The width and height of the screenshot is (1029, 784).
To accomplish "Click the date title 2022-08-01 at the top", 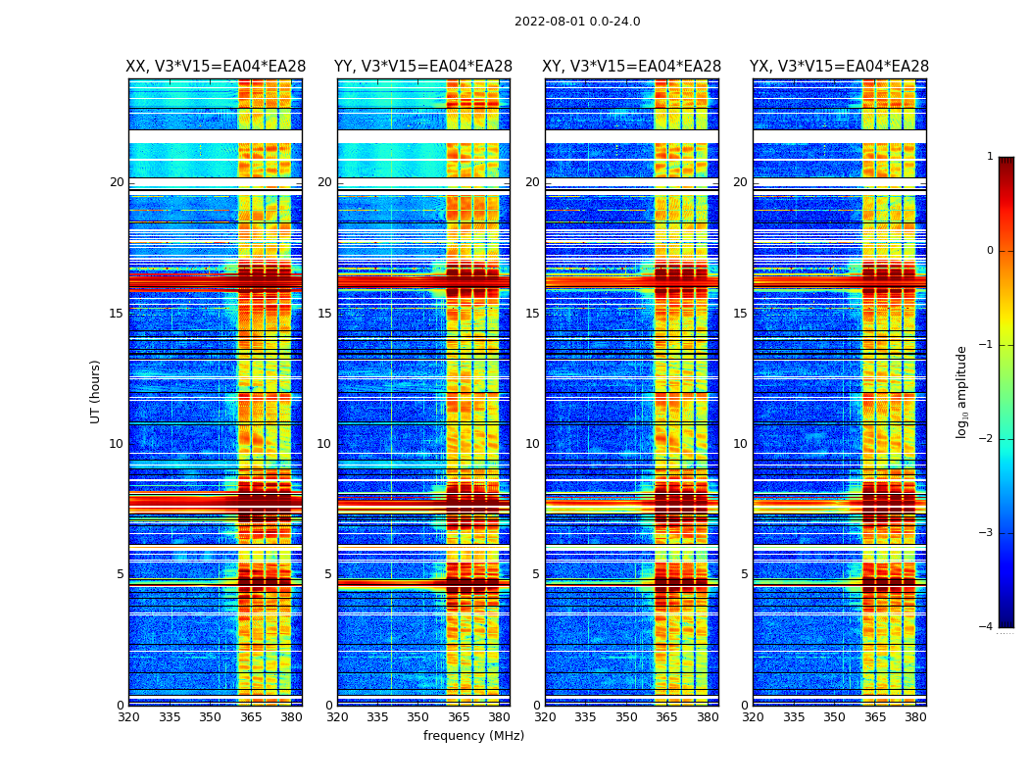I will point(577,22).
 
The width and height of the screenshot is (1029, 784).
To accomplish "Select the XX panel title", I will point(216,67).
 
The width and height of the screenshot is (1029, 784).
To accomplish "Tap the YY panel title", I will point(423,67).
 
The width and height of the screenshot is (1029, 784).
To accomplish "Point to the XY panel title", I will point(631,67).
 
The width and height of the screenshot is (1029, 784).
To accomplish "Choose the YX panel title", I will point(839,67).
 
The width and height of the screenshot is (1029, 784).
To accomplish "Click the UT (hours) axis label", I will point(96,391).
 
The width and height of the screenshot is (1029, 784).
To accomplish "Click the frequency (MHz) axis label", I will point(473,736).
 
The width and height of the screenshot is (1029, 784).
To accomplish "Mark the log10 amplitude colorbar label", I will point(962,391).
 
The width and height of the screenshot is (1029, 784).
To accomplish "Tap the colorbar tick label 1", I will point(990,157).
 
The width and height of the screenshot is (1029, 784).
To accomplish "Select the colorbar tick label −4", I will point(988,627).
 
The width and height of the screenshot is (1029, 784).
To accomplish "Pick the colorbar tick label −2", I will point(988,439).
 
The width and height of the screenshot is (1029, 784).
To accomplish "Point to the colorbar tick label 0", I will point(990,251).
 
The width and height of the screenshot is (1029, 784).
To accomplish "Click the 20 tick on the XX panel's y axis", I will point(117,182).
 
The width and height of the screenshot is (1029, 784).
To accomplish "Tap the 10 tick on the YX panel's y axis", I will point(740,444).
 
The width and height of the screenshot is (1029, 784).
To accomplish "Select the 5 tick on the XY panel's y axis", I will point(535,574).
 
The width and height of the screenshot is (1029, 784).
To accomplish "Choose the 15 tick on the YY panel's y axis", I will point(324,314).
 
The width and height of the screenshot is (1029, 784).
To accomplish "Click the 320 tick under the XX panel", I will point(128,717).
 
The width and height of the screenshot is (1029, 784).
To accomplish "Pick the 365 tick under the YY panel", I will point(459,717).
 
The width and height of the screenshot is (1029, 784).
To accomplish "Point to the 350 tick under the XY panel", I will point(626,717).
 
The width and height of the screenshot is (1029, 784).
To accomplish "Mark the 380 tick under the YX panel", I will point(915,717).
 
